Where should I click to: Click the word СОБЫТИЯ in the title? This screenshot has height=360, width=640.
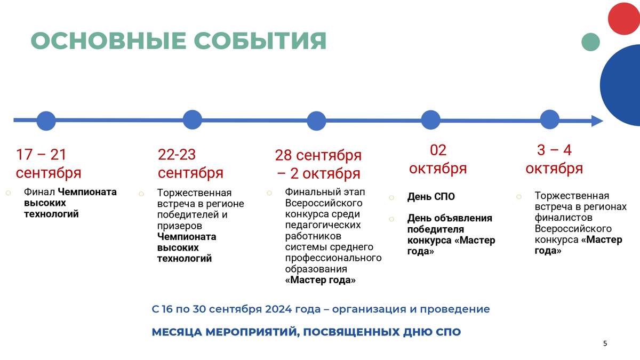(260, 41)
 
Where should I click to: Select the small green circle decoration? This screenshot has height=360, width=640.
(590, 42)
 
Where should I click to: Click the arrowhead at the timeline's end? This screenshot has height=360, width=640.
(597, 121)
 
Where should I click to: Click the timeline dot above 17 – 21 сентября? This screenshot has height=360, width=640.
(46, 121)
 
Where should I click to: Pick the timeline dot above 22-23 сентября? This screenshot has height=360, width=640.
(193, 119)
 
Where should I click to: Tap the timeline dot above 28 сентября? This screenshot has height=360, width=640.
(317, 121)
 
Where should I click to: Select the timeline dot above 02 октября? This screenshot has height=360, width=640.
(431, 119)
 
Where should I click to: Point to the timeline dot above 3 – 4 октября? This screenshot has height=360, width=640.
(550, 119)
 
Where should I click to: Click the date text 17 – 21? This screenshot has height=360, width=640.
(41, 155)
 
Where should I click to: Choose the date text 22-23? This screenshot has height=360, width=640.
(177, 155)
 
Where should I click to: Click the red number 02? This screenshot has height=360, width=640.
(438, 150)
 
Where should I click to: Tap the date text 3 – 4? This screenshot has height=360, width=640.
(554, 150)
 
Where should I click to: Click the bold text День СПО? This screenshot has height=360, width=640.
(431, 197)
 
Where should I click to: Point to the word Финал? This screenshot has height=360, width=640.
(39, 191)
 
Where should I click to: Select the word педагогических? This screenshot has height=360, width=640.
(323, 225)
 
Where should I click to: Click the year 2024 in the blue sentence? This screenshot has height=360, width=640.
(278, 309)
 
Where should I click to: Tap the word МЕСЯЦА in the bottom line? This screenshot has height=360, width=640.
(177, 332)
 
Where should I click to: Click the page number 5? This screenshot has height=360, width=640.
(605, 343)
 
